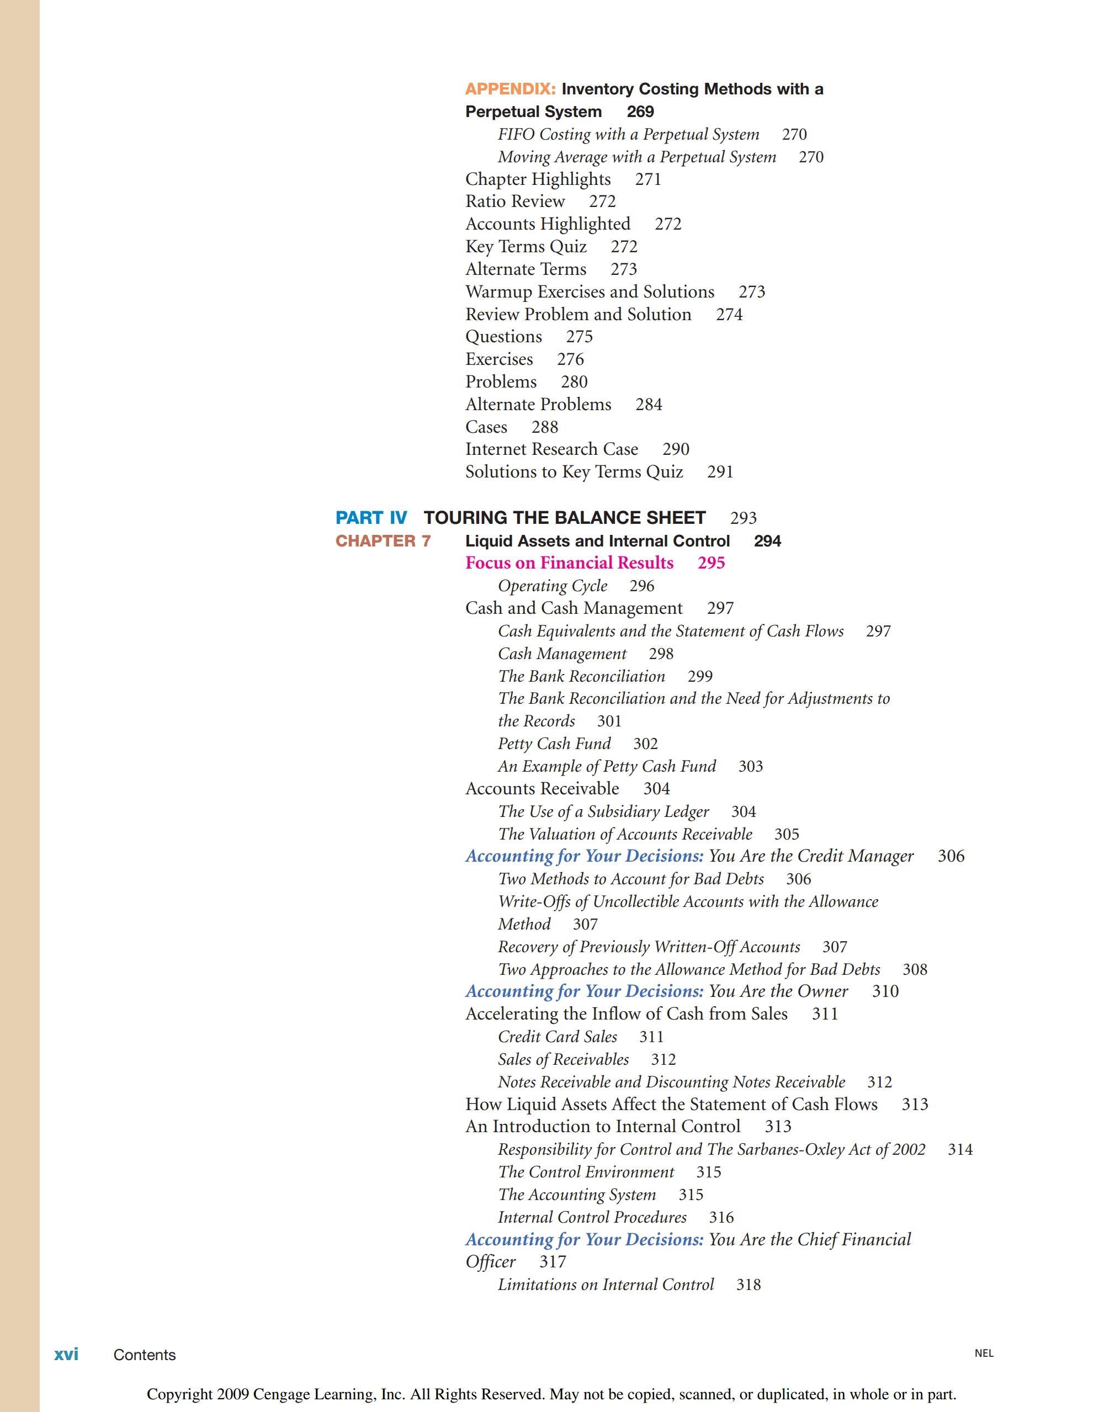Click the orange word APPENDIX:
pos(510,89)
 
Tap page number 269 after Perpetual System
pos(640,112)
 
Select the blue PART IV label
pos(371,518)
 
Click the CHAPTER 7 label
pos(383,541)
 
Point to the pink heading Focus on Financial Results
pos(569,563)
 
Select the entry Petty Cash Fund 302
pos(577,744)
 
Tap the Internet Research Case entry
pos(551,449)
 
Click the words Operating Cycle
pos(553,586)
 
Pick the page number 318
pos(749,1284)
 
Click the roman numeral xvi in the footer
pos(66,1355)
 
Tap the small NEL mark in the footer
pos(984,1353)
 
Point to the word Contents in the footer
pos(144,1355)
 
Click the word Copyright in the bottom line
pos(181,1394)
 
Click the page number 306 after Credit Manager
pos(951,857)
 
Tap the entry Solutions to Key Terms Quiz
pos(574,472)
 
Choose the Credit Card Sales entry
pos(557,1037)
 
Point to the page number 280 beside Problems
pos(574,382)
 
